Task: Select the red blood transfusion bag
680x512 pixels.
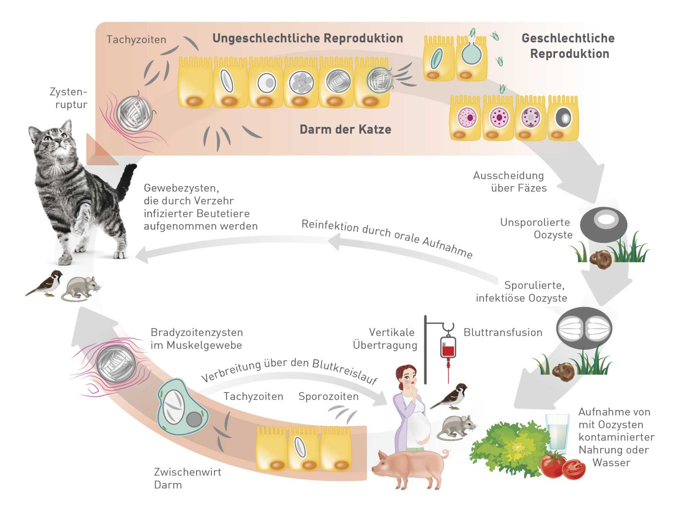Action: click(x=448, y=347)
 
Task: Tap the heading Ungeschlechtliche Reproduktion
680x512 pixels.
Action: click(x=307, y=38)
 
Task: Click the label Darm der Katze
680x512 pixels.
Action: click(x=345, y=130)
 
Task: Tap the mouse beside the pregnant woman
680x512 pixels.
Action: click(x=457, y=427)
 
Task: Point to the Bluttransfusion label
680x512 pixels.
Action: click(x=502, y=332)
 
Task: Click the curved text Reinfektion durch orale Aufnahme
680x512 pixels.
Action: click(x=387, y=237)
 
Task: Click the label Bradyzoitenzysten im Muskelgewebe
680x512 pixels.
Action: click(x=196, y=339)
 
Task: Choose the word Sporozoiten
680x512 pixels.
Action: click(x=328, y=396)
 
